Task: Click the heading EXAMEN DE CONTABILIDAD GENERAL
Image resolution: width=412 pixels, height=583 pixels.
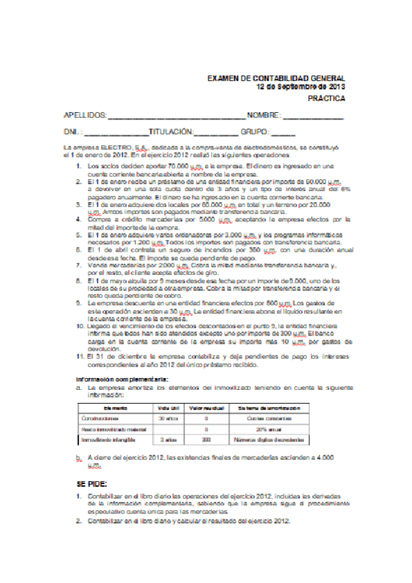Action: [x=276, y=79]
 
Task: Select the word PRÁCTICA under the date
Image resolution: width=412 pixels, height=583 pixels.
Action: [x=326, y=99]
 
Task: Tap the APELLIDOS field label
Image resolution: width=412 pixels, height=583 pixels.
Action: [x=85, y=115]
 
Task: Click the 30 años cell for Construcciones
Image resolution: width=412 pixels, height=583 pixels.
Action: [x=169, y=418]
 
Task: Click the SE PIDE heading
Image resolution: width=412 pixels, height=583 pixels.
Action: [x=91, y=484]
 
